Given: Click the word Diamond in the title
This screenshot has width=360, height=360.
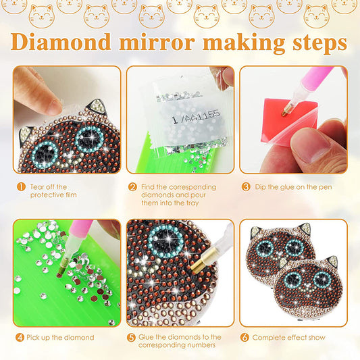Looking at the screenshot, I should coord(61,43).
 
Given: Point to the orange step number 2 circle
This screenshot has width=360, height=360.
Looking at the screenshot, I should coord(133,186).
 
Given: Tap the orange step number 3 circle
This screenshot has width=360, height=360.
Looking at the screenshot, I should coord(245,186).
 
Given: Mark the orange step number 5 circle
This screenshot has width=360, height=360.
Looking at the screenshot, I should coord(133,337).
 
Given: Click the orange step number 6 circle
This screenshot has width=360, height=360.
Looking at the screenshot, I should coord(245,337).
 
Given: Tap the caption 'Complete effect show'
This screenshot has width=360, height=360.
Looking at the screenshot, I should coord(290,337).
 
